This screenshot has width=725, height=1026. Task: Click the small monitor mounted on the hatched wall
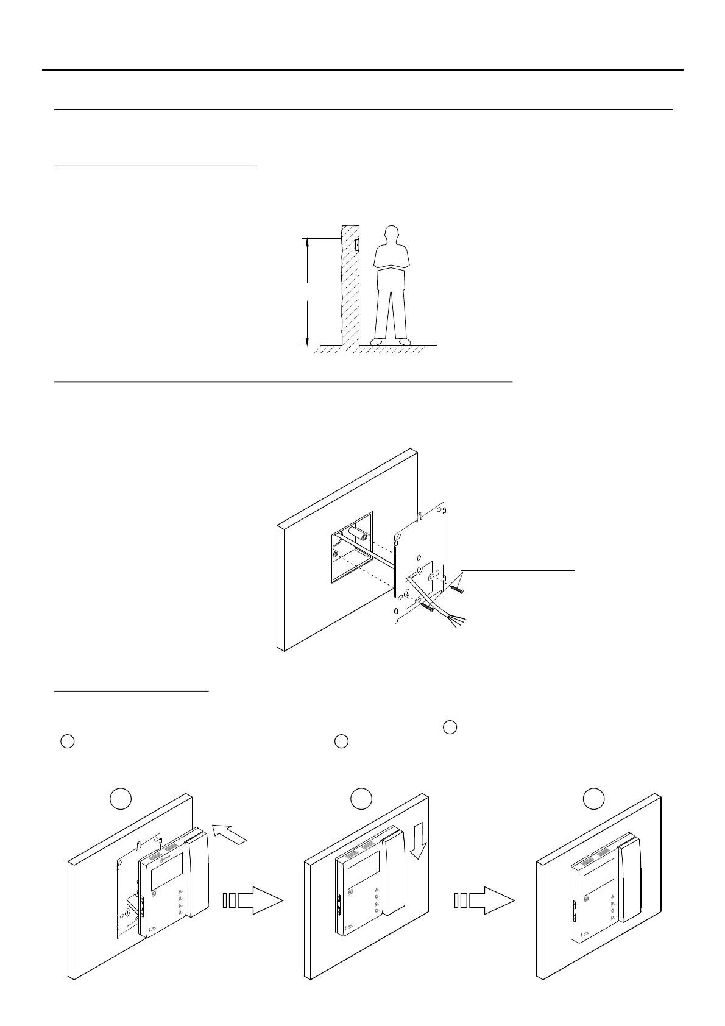[356, 244]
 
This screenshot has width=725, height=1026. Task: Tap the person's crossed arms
[392, 263]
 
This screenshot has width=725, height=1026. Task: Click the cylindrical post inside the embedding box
[356, 536]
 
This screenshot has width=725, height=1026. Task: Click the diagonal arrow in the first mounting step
[229, 833]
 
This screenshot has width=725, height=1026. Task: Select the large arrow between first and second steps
[252, 900]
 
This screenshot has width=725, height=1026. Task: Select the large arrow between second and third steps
[484, 900]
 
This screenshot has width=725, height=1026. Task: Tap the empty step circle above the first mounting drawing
[121, 799]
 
